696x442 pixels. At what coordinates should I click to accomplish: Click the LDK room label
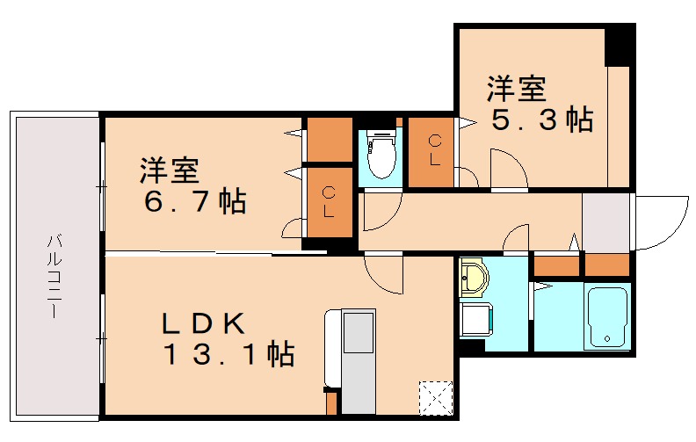tap(202, 323)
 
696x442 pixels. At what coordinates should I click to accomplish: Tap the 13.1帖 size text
tap(227, 355)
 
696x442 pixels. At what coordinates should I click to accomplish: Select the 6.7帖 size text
tap(195, 202)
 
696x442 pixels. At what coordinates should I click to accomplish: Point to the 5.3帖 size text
tap(540, 120)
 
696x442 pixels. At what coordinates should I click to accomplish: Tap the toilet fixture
tap(381, 156)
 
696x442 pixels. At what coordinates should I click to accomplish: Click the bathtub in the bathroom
tap(606, 317)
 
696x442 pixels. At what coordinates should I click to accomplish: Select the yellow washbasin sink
tap(475, 277)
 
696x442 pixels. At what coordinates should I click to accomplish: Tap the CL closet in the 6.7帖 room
tap(328, 202)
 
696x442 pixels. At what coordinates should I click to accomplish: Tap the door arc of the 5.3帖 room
tap(507, 168)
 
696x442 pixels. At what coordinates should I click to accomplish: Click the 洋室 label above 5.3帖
tap(517, 90)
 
